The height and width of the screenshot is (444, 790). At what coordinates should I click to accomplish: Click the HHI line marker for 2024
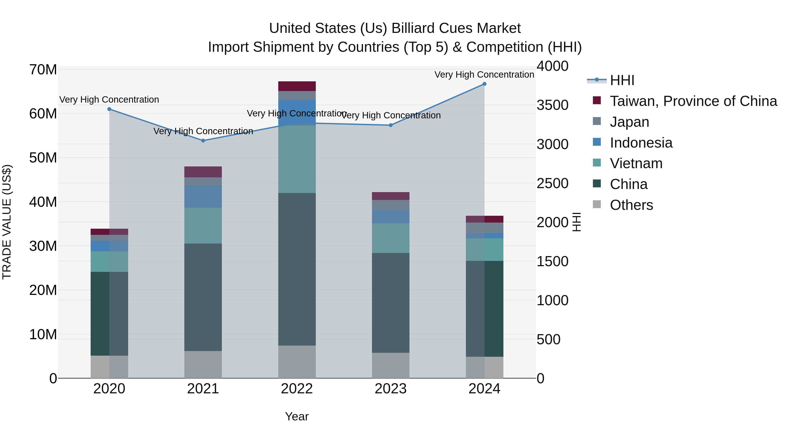484,84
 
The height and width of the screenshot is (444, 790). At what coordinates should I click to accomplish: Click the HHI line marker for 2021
203,141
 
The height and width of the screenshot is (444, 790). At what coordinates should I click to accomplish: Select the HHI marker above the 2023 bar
391,125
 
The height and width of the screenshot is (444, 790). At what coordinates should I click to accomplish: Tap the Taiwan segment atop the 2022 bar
297,86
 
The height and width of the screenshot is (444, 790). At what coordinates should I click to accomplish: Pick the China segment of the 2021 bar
203,297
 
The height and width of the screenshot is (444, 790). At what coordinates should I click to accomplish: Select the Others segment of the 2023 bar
391,365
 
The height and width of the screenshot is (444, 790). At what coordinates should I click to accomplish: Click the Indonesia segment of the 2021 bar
203,196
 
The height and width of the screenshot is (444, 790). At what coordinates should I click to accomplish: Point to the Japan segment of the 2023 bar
391,205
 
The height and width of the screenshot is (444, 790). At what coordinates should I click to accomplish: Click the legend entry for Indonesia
641,143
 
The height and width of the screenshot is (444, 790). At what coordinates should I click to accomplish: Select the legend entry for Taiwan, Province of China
693,101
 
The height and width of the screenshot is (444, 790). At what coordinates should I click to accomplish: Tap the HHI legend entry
622,80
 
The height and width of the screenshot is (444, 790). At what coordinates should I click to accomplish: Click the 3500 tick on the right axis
552,105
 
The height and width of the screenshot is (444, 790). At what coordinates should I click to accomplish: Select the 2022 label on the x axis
297,389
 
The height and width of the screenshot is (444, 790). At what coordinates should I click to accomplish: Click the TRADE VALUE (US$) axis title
7,222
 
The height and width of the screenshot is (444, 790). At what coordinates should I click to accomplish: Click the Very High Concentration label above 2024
484,75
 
